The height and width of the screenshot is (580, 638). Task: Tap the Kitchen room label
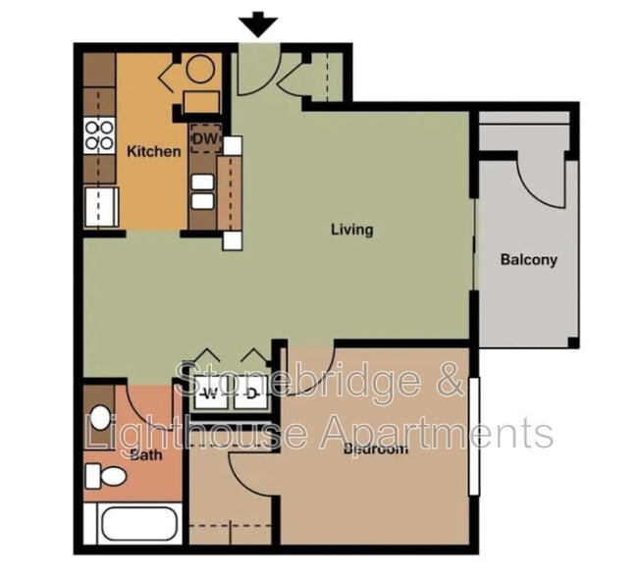click(154, 151)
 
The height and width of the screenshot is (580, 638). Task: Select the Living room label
click(351, 230)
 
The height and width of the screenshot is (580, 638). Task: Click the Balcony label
click(528, 260)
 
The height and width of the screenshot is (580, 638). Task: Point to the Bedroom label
click(375, 449)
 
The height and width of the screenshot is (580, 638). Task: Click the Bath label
click(145, 454)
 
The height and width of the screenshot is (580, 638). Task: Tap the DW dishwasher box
click(204, 139)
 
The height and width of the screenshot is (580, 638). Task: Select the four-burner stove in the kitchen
click(99, 134)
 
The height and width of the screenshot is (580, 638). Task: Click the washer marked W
click(209, 395)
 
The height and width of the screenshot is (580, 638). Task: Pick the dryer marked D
click(250, 395)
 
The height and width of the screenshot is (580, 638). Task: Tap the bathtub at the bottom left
click(133, 523)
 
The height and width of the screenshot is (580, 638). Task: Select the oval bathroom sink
click(100, 417)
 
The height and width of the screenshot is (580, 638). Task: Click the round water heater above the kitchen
click(201, 70)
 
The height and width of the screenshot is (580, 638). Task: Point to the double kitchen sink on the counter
click(203, 190)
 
